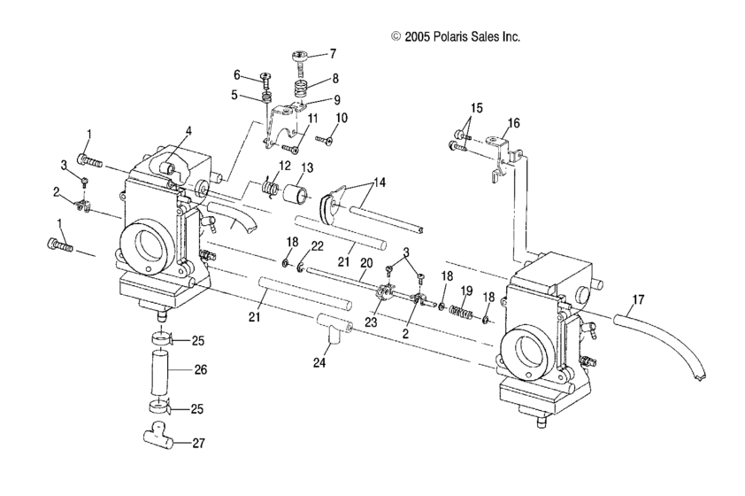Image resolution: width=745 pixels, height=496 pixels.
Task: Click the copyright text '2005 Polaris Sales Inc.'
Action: pyautogui.click(x=462, y=36)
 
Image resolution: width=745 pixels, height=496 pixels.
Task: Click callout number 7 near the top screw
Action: pyautogui.click(x=333, y=54)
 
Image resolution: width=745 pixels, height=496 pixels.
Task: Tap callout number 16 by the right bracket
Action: pyautogui.click(x=513, y=123)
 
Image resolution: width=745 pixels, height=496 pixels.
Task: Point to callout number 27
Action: pyautogui.click(x=198, y=443)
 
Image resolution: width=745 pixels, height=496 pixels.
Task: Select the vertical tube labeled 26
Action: pyautogui.click(x=160, y=372)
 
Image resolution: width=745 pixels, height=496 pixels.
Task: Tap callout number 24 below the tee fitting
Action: pyautogui.click(x=319, y=362)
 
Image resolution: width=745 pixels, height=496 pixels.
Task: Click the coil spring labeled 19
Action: pyautogui.click(x=462, y=312)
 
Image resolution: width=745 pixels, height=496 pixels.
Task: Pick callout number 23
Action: pyautogui.click(x=371, y=322)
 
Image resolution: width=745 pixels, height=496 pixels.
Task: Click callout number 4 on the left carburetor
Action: pyautogui.click(x=189, y=131)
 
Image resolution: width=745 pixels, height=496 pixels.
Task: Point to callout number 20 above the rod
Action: pyautogui.click(x=366, y=263)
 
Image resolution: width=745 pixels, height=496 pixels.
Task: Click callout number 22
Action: pyautogui.click(x=317, y=246)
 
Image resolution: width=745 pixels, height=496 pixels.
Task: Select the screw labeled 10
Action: pyautogui.click(x=324, y=139)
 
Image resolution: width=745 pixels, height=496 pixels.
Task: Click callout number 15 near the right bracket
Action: pyautogui.click(x=477, y=108)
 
